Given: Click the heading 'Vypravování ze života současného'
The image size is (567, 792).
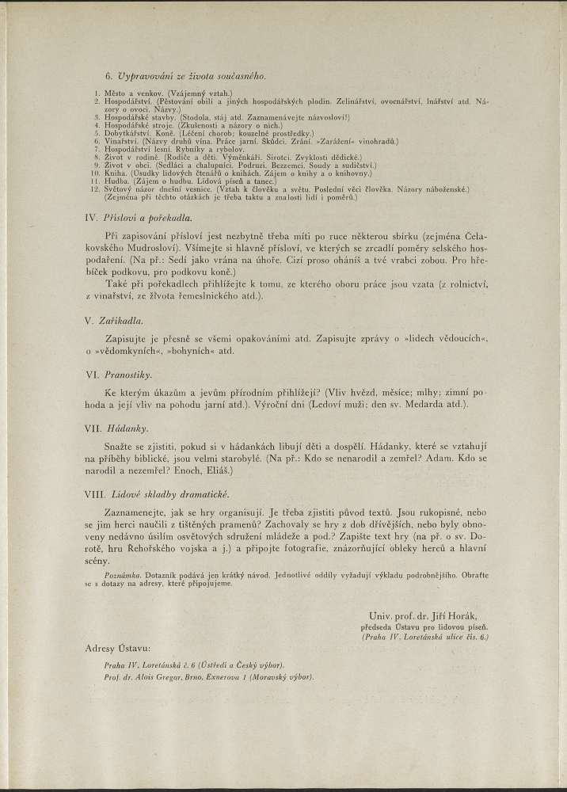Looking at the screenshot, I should click(191, 76).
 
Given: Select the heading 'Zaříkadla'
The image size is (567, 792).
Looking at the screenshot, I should click(124, 322).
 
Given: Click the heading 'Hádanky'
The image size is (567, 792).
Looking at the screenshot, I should click(127, 428).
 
